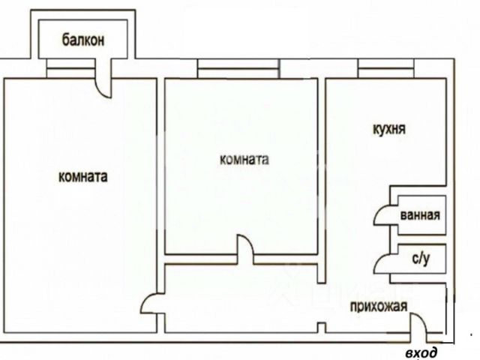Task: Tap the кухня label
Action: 389,128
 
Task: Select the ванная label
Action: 419,216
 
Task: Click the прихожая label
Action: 378,305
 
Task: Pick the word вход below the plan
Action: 419,352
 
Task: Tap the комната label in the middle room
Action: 244,159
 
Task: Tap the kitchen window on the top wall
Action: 385,72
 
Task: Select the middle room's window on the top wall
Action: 239,72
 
